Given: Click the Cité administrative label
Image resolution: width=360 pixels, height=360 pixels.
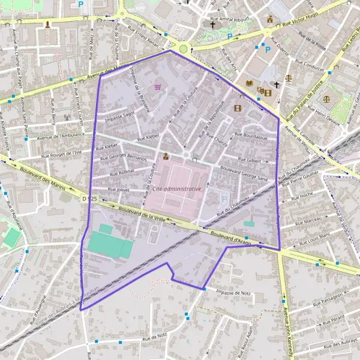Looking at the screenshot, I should point(176,188).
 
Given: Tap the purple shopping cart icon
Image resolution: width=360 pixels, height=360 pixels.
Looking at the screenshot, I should point(158,86).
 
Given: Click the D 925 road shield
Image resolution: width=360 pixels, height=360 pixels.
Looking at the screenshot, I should point(88,198).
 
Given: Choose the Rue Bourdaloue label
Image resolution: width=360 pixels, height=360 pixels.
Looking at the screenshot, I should point(251,136).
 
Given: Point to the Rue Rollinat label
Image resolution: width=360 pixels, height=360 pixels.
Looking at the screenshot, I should point(122,172).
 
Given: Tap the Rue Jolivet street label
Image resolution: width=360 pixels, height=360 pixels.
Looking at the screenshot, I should point(118,189).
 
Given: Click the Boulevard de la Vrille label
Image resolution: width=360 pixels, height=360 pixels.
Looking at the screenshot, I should point(142,214).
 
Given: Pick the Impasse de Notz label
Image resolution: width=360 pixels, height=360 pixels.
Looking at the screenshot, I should point(232,292).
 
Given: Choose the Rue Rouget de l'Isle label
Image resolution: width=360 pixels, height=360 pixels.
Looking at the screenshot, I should point(62,154).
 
